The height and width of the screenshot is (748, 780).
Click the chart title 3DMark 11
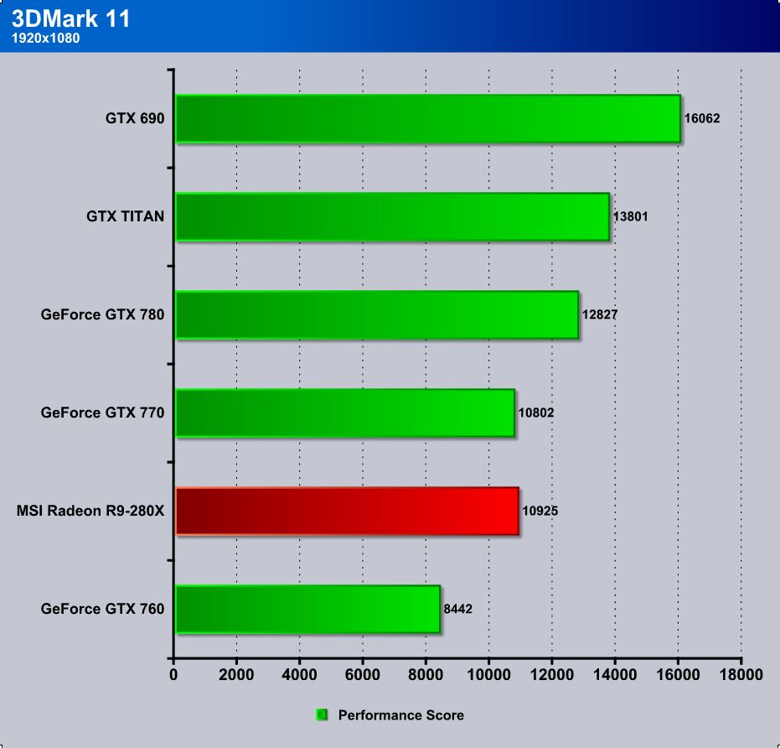click(x=71, y=19)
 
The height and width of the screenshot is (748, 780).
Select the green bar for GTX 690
click(x=427, y=118)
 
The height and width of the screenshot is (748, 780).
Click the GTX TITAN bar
click(x=392, y=216)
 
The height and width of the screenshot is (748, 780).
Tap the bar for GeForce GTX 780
click(x=377, y=314)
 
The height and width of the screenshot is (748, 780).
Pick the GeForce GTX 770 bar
click(x=344, y=413)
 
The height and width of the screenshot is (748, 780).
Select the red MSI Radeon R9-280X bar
click(x=347, y=511)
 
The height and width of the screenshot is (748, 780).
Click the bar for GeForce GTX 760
click(x=307, y=609)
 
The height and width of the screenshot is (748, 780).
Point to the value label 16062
click(x=702, y=118)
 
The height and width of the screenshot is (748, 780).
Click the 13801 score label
click(x=631, y=216)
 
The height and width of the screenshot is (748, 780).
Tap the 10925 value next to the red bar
click(x=540, y=511)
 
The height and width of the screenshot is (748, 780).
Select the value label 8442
click(x=458, y=609)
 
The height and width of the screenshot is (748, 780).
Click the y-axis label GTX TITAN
click(x=126, y=216)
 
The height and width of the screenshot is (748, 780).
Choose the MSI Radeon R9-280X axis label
click(x=90, y=511)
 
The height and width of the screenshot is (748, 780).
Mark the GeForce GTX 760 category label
click(x=102, y=609)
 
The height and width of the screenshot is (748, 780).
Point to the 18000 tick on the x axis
click(x=741, y=673)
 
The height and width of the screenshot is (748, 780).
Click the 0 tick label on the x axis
click(x=174, y=673)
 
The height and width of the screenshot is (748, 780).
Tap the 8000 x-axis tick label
click(x=426, y=673)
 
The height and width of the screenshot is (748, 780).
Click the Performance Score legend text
click(x=400, y=715)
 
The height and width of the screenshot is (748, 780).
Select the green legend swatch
click(x=322, y=715)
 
